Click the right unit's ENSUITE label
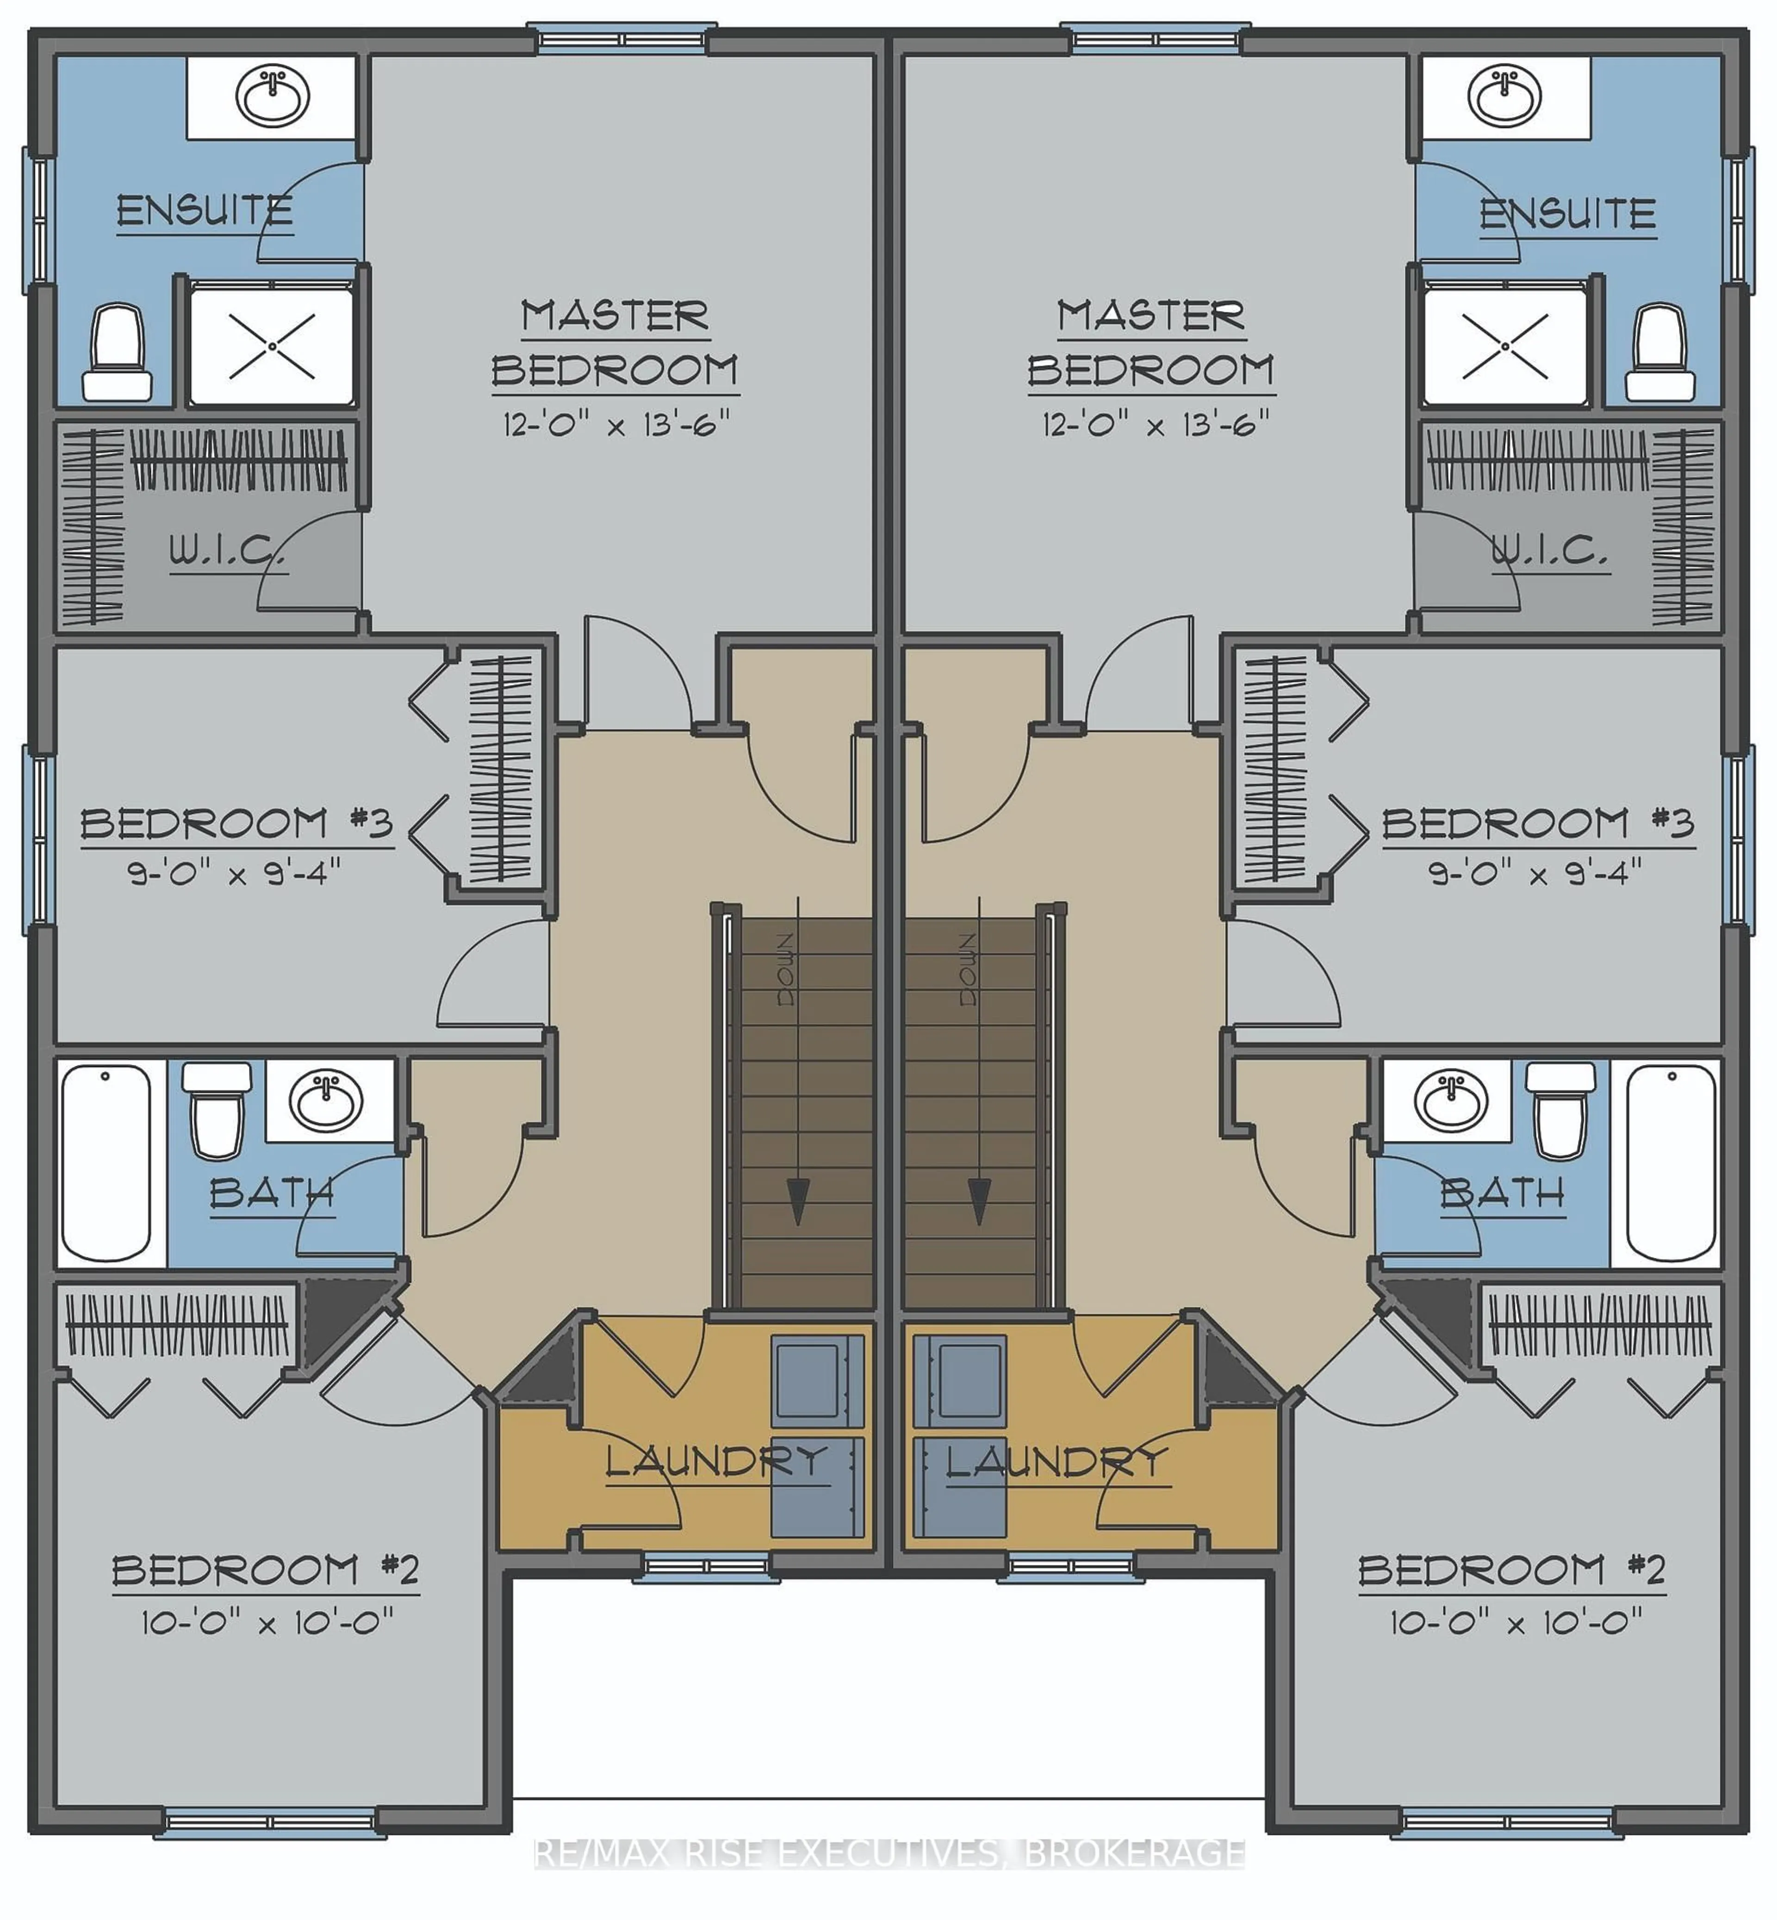tap(1567, 213)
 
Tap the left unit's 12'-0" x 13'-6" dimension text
tap(616, 424)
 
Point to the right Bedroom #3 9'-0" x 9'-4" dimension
tap(1535, 873)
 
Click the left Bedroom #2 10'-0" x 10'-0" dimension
tap(267, 1624)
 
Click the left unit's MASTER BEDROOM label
tap(615, 343)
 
